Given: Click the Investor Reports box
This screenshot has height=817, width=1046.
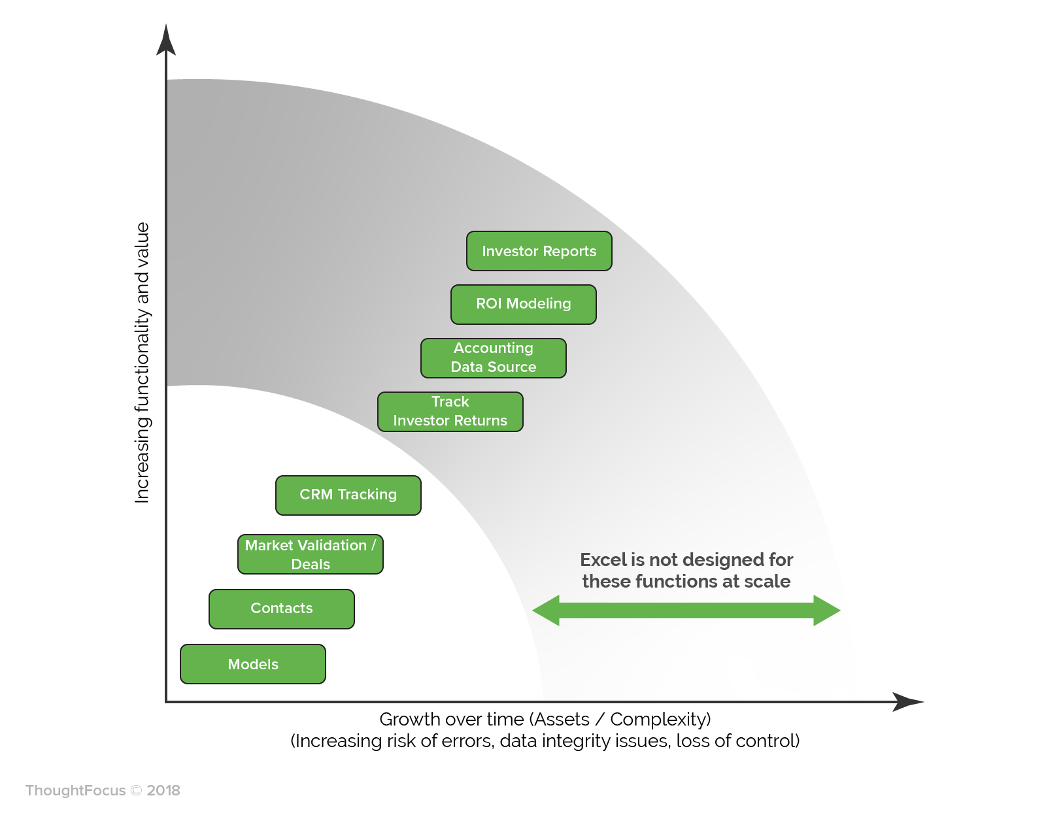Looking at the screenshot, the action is (539, 251).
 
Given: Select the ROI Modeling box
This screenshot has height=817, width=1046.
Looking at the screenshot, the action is (523, 304).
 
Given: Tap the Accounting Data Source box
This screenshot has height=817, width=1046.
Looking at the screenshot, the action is (494, 358).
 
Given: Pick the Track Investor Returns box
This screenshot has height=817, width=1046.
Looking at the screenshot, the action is (450, 411).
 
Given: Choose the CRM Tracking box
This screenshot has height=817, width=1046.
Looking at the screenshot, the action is (348, 495).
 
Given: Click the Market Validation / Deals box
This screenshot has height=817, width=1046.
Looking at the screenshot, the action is (311, 554).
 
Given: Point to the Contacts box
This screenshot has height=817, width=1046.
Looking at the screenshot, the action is (282, 609).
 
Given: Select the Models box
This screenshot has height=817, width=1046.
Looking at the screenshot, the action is (253, 663).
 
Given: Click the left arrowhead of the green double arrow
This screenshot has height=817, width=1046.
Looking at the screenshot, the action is (546, 610).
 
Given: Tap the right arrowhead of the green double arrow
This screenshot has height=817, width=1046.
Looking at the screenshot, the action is (827, 610).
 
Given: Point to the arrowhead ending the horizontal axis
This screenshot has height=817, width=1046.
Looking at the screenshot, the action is (908, 701).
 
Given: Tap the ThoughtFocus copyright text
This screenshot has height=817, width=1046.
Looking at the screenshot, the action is (103, 790).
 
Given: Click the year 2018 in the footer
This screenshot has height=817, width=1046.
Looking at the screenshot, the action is (163, 790).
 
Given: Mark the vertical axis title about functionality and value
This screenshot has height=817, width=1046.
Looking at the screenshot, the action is (141, 363).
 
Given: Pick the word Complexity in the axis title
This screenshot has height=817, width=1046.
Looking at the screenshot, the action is (660, 720).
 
